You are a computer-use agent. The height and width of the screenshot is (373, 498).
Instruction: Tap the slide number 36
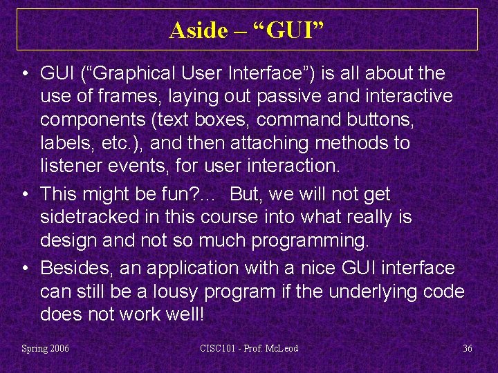468,348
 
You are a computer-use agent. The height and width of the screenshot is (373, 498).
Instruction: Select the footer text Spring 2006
46,348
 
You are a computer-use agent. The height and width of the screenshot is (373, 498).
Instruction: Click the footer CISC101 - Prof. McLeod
249,348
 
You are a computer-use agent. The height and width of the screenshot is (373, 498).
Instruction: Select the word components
86,119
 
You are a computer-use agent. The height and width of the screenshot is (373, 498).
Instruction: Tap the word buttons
382,119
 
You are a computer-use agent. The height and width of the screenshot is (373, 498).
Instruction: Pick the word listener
70,166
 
